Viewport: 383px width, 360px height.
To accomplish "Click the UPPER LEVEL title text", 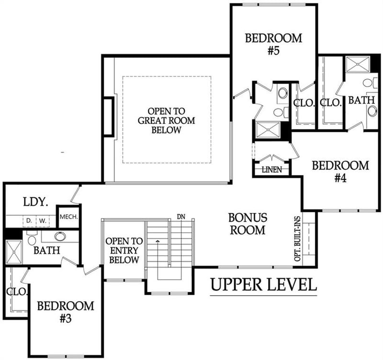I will coord(263,285).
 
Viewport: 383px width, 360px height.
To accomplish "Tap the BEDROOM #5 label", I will coord(274,44).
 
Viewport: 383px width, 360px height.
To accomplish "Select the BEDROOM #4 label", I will coord(340,172).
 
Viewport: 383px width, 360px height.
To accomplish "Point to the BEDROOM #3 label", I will coord(66,312).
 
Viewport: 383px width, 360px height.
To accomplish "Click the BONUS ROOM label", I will coord(247,224).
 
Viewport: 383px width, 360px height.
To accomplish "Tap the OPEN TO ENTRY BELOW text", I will coord(124,250).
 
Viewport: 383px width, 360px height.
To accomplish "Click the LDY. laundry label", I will coord(35,202).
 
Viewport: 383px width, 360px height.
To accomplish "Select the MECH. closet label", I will coord(68,217).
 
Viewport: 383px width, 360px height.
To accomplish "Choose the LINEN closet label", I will coord(271,170).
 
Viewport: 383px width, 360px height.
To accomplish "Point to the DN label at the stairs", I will coord(180,217).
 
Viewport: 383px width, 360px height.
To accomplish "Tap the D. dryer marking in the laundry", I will coord(29,221).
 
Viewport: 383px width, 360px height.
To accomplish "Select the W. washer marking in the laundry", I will coord(42,221).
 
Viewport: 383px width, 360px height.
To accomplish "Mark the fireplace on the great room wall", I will coord(109,116).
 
